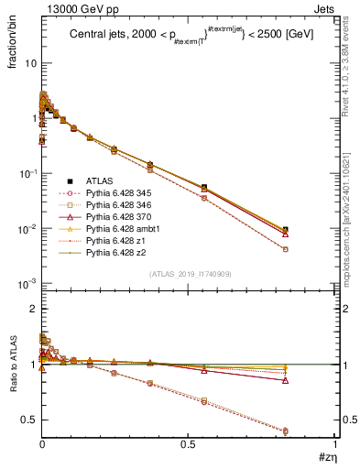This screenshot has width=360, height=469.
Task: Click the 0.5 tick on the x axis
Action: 190,445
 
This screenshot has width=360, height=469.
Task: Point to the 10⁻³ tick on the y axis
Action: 27,283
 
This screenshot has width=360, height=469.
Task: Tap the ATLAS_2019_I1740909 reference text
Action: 190,274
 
